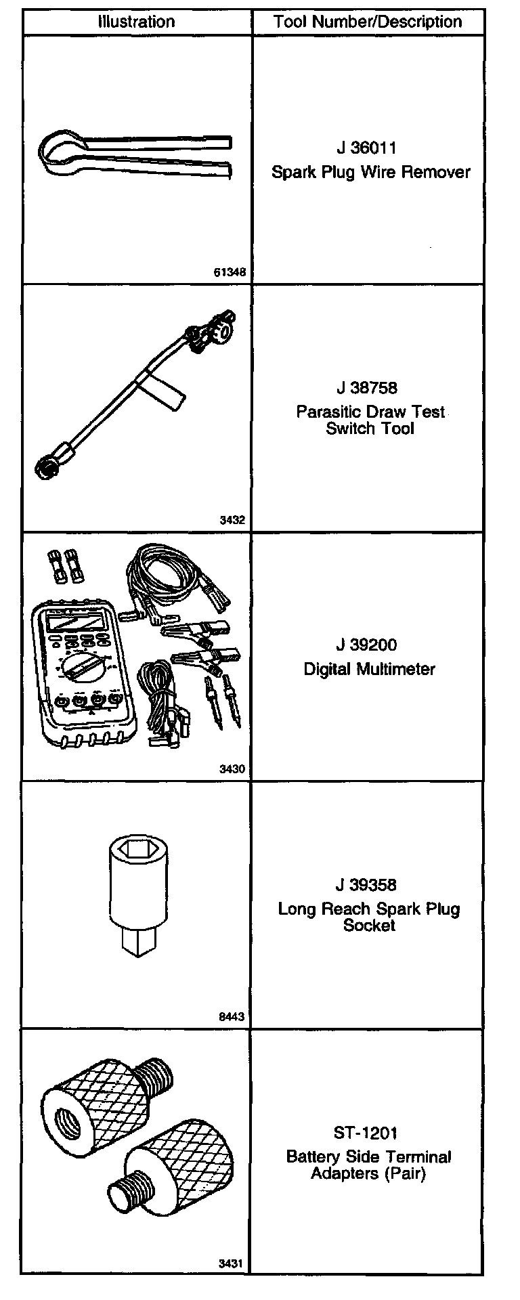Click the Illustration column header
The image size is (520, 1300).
137,22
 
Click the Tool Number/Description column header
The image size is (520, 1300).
368,22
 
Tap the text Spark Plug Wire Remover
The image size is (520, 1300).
370,172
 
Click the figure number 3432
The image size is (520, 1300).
232,521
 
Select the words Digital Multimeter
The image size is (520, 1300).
369,669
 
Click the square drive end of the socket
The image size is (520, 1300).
137,942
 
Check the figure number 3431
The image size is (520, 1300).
232,1264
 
